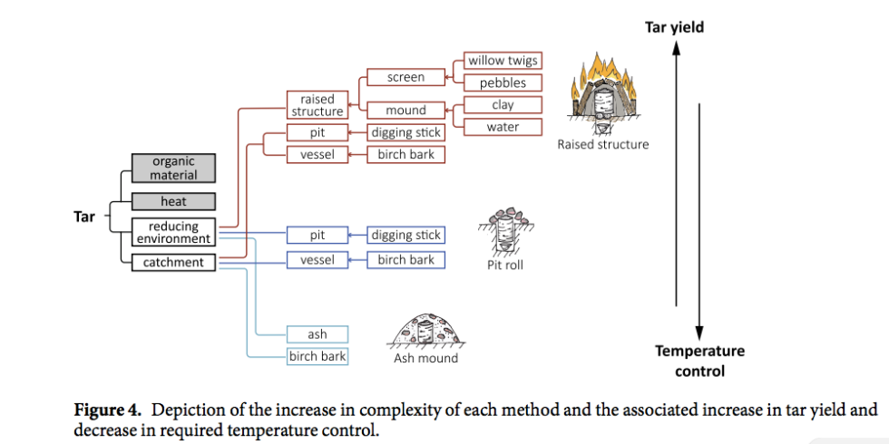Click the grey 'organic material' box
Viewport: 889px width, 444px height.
click(173, 169)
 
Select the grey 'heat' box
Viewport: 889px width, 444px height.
click(173, 201)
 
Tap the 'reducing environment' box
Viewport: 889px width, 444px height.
click(173, 232)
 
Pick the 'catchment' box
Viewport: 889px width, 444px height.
click(173, 263)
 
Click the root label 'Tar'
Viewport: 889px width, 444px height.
click(84, 217)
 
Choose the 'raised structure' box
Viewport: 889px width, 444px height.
click(317, 105)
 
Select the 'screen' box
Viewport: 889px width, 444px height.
click(405, 78)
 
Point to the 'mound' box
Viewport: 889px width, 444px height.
click(405, 111)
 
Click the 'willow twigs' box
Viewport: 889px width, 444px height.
click(503, 62)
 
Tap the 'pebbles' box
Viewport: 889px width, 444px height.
click(503, 83)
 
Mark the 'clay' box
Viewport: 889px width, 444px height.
click(503, 105)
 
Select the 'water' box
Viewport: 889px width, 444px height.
click(503, 127)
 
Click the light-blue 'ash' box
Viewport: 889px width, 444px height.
click(317, 334)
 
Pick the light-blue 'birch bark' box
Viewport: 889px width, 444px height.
click(317, 356)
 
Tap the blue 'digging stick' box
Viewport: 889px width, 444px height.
click(405, 236)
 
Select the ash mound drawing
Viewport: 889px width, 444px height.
click(425, 331)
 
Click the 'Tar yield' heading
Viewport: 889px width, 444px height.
click(674, 27)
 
